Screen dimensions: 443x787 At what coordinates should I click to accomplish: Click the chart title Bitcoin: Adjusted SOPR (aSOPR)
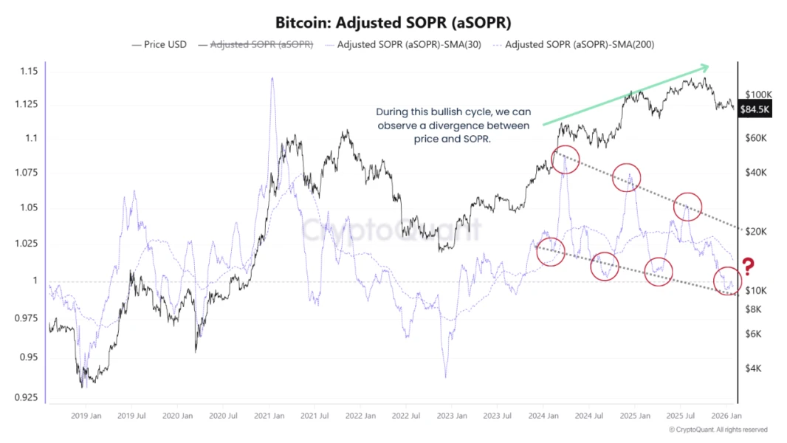coord(393,22)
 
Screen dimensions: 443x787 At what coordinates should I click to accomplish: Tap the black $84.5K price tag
coord(755,109)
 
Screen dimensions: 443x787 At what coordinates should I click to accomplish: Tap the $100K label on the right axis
coord(758,95)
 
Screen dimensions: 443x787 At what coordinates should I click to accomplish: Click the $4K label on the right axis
coord(754,368)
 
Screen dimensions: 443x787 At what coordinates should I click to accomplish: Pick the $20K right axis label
coord(756,232)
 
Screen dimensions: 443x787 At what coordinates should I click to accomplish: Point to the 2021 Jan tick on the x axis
coord(269,416)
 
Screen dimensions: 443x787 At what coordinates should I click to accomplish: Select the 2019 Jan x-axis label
coord(86,416)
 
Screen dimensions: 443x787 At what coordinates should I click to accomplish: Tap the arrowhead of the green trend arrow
coord(707,68)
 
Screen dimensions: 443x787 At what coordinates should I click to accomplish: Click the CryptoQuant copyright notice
coord(718,430)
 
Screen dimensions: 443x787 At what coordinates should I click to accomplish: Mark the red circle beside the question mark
coord(727,281)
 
